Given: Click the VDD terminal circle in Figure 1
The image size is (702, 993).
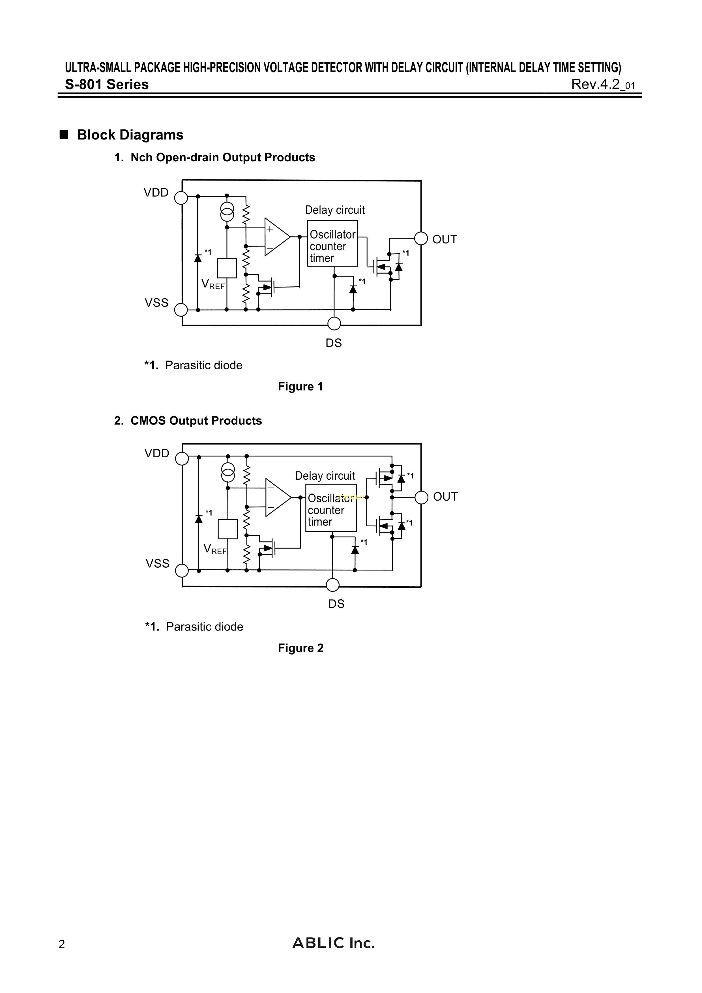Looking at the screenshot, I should tap(181, 198).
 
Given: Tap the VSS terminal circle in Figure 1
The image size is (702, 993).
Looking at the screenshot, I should tap(181, 310).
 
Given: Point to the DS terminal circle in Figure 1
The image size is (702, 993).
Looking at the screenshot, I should tap(334, 323).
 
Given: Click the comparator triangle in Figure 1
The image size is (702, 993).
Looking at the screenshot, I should tap(276, 237).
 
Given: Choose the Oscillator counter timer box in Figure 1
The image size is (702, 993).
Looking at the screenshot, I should tap(332, 243).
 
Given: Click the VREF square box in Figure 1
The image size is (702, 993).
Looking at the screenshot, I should tap(227, 268).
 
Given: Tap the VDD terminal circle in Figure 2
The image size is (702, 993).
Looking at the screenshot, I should tap(182, 458).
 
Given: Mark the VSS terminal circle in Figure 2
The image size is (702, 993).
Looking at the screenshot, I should tap(182, 571).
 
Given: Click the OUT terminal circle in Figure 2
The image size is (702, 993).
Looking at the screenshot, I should tap(421, 498).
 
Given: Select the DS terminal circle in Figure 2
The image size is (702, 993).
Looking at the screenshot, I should tap(333, 585).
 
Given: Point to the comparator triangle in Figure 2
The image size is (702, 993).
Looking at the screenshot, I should tap(277, 497).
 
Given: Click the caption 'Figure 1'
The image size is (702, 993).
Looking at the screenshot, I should tap(300, 387).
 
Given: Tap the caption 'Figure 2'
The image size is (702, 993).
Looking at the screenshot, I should tap(300, 648).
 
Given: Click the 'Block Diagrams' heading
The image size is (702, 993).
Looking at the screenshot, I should tap(130, 135).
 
